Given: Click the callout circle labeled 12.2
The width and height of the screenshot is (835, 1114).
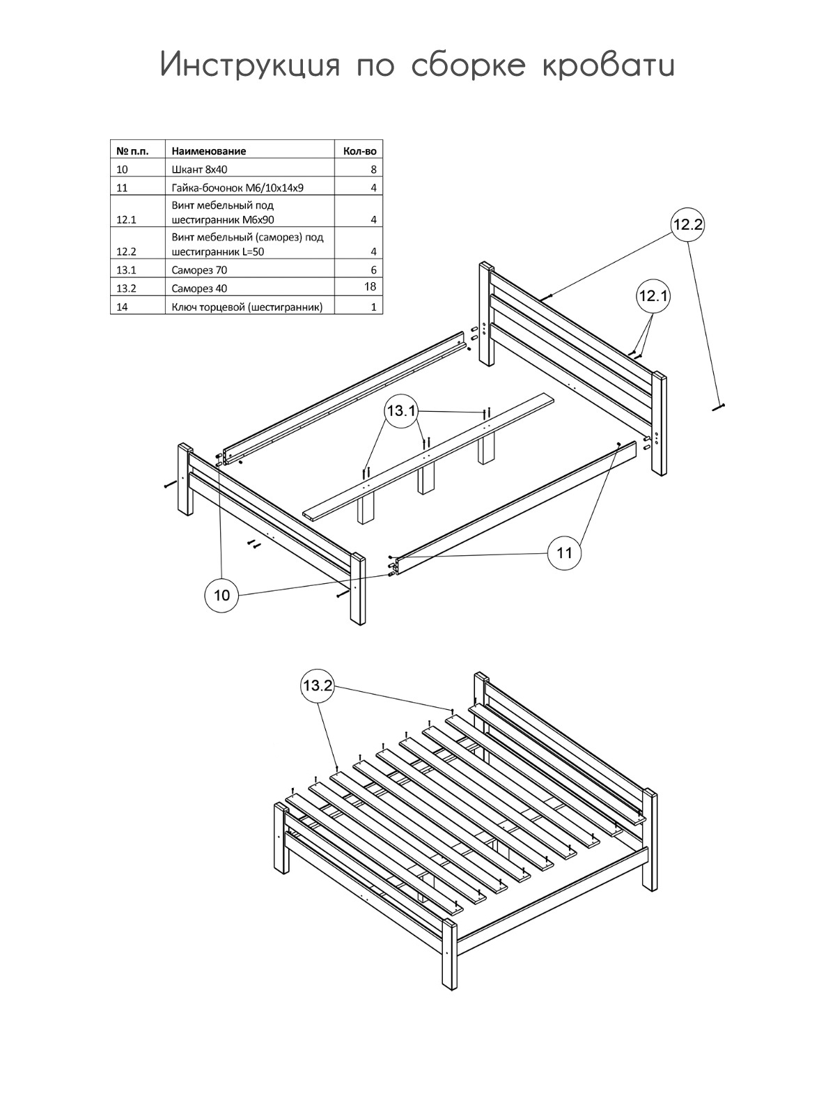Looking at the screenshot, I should pyautogui.click(x=687, y=224).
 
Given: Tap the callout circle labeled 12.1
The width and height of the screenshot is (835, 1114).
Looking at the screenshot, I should pyautogui.click(x=653, y=296).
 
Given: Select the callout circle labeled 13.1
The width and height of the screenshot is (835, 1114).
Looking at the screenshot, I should pyautogui.click(x=400, y=411).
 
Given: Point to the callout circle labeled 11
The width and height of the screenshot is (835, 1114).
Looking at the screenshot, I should pyautogui.click(x=565, y=552).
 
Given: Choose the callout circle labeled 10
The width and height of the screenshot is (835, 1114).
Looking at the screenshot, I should pyautogui.click(x=221, y=595).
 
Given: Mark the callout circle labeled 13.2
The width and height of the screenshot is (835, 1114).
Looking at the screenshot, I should pyautogui.click(x=317, y=686).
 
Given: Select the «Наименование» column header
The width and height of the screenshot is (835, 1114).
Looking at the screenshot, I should pyautogui.click(x=209, y=150).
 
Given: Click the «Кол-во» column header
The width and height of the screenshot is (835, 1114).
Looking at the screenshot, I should pyautogui.click(x=360, y=150).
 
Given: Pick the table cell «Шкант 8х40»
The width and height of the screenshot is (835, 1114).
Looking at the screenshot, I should pyautogui.click(x=199, y=169).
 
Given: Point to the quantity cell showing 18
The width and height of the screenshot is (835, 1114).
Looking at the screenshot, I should pyautogui.click(x=370, y=286).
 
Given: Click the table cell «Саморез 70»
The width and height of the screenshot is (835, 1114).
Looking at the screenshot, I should pyautogui.click(x=199, y=270).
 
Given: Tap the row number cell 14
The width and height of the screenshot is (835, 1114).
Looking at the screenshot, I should pyautogui.click(x=123, y=307).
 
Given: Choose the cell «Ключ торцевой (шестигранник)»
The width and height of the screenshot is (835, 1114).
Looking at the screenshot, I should pyautogui.click(x=247, y=307).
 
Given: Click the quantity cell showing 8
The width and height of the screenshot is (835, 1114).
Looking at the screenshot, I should pyautogui.click(x=373, y=169).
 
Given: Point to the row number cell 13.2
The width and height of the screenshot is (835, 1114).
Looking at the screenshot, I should pyautogui.click(x=126, y=288).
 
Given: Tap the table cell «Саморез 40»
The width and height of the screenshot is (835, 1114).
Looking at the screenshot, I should pyautogui.click(x=199, y=288).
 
